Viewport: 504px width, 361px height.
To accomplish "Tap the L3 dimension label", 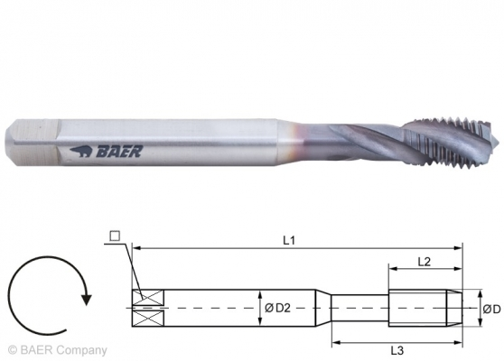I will click(x=397, y=348).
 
